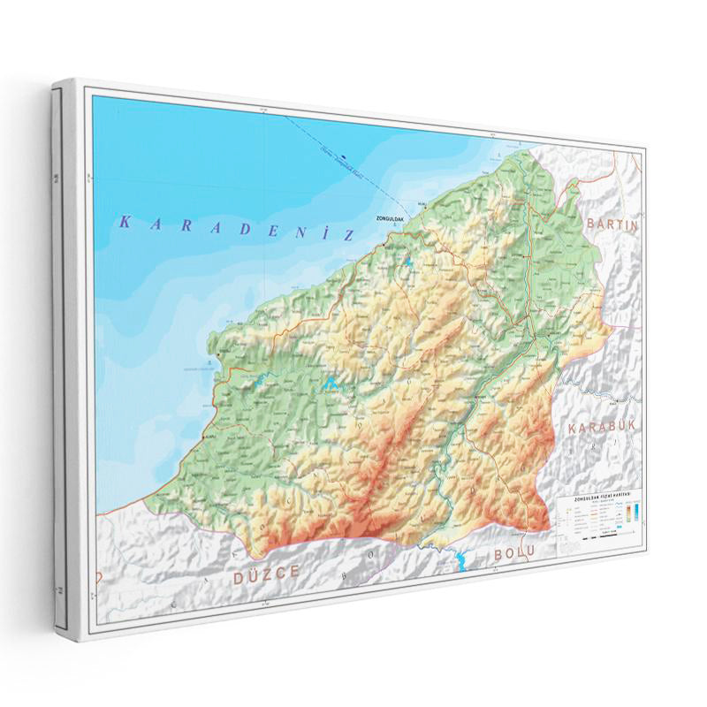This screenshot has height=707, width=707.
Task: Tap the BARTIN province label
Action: click(612, 224)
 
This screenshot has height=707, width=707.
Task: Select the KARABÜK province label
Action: click(602, 427)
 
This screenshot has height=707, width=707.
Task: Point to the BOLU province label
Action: click(509, 554)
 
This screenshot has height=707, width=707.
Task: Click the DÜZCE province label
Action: click(267, 574)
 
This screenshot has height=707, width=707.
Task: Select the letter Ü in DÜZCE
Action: click(253, 574)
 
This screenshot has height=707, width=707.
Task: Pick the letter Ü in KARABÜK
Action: click(620, 427)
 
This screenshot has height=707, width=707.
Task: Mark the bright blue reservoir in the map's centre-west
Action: click(330, 384)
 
